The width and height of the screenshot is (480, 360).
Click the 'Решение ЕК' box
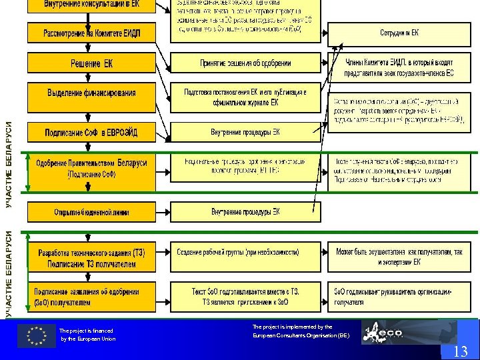(x=91, y=63)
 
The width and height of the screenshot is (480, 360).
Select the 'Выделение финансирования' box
(x=91, y=93)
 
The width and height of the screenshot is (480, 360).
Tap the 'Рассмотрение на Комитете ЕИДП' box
(x=91, y=33)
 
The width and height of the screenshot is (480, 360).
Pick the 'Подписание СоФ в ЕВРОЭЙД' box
(x=91, y=132)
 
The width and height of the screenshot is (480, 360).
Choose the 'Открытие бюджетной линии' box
(x=91, y=212)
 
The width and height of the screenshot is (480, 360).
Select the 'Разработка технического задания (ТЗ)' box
(x=91, y=257)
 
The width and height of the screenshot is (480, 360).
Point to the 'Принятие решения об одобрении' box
(x=245, y=63)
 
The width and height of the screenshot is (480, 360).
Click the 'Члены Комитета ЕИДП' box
(x=399, y=67)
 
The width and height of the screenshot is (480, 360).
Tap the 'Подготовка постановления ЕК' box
(x=245, y=97)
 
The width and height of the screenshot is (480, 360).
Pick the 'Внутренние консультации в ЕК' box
(x=91, y=5)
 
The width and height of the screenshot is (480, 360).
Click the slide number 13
(x=460, y=352)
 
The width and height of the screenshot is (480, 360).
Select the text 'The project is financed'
(x=86, y=331)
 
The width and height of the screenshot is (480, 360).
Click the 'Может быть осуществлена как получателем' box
(x=399, y=257)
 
